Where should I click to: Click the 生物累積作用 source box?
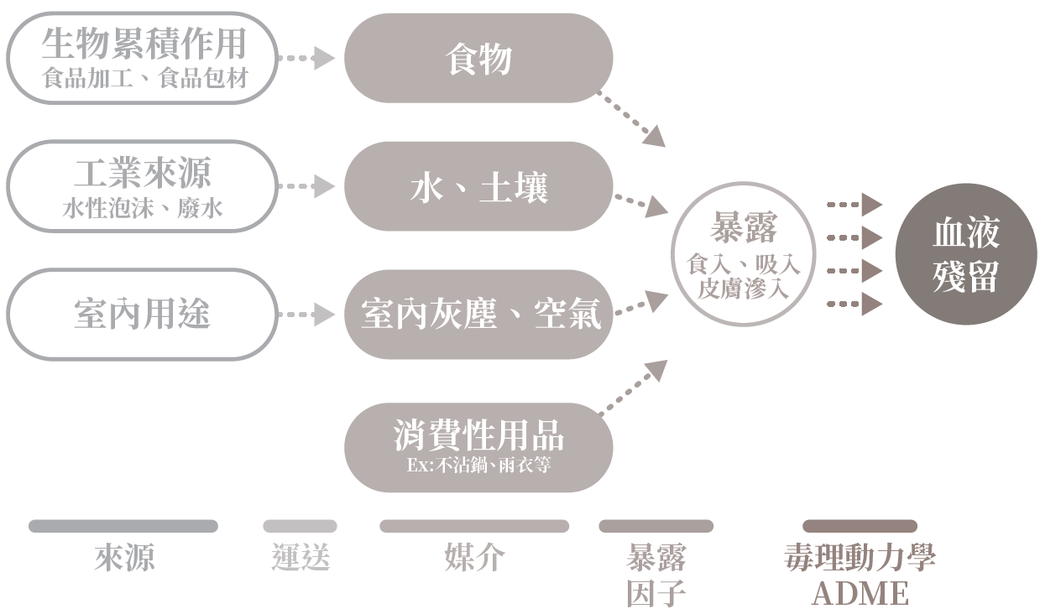point(142,57)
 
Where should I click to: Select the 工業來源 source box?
point(142,185)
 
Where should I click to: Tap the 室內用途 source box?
point(142,315)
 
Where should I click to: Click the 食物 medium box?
point(478,58)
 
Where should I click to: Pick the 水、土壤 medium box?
point(478,186)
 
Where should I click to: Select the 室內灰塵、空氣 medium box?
point(478,315)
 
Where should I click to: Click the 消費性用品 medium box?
point(478,447)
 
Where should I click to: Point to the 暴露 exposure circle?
point(744,254)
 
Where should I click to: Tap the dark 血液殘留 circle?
point(966,254)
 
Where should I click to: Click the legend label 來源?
point(124,558)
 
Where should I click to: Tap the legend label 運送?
point(301,558)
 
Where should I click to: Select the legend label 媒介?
point(474,558)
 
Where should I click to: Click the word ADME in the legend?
point(860,593)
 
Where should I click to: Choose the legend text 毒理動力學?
point(860,558)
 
